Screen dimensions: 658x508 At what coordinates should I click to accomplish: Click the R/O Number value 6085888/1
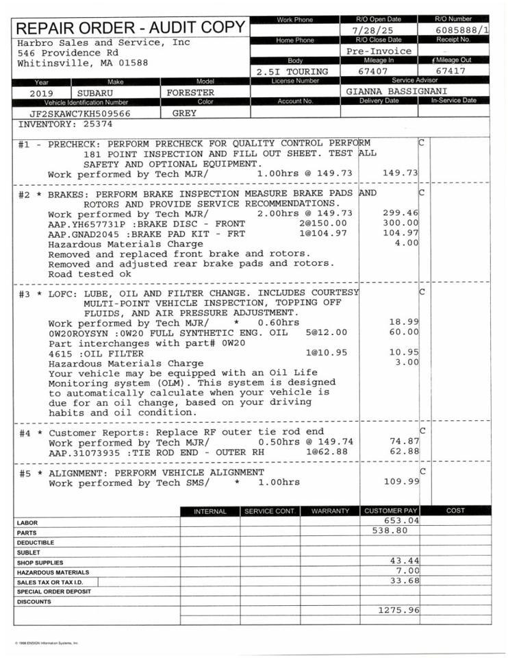pyautogui.click(x=461, y=31)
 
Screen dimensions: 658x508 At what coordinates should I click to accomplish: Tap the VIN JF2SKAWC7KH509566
pyautogui.click(x=80, y=113)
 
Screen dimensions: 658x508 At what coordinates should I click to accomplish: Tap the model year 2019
pyautogui.click(x=42, y=92)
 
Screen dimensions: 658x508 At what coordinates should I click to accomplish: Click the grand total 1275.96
pyautogui.click(x=398, y=610)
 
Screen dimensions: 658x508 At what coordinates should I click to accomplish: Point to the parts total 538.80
pyautogui.click(x=390, y=531)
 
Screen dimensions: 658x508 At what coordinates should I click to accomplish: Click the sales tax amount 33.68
pyautogui.click(x=404, y=581)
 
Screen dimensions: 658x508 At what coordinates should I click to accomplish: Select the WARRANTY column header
pyautogui.click(x=330, y=511)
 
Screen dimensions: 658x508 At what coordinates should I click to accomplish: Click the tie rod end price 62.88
pyautogui.click(x=404, y=452)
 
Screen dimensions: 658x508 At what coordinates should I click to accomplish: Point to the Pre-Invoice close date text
pyautogui.click(x=379, y=51)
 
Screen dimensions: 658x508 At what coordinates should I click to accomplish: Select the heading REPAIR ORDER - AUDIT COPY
pyautogui.click(x=130, y=28)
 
